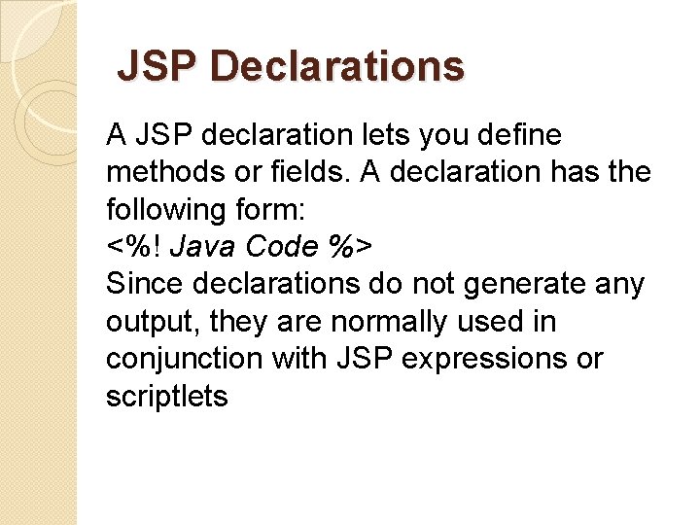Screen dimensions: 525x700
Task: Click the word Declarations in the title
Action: [336, 67]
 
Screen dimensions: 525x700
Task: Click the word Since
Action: [144, 284]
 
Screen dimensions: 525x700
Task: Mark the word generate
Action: [511, 284]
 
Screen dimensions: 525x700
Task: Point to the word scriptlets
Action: [166, 396]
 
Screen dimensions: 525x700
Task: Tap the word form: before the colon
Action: [277, 209]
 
